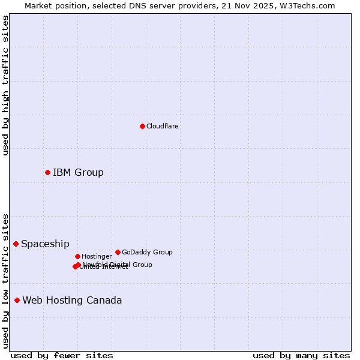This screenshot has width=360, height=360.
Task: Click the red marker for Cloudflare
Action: click(142, 126)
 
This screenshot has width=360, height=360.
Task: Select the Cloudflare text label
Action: click(163, 126)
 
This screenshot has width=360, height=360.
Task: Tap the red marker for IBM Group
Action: click(47, 172)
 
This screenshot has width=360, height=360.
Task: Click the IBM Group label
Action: click(78, 173)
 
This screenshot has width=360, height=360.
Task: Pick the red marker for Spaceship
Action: click(16, 244)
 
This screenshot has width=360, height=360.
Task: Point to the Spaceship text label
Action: click(45, 244)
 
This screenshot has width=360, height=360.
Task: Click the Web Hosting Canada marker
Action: click(17, 300)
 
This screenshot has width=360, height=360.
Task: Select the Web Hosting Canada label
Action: click(72, 301)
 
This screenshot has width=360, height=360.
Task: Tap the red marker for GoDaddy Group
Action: click(118, 252)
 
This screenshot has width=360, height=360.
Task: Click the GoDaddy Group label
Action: click(147, 252)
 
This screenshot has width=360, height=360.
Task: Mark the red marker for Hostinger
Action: click(77, 256)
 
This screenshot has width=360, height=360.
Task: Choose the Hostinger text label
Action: click(97, 256)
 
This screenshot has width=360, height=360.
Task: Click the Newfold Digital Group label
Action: click(118, 265)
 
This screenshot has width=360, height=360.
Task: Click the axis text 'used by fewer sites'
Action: click(62, 355)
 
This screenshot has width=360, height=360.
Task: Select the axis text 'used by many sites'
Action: click(301, 355)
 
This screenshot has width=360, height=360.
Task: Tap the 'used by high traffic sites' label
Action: click(5, 85)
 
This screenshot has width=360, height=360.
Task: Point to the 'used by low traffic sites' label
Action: click(5, 281)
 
